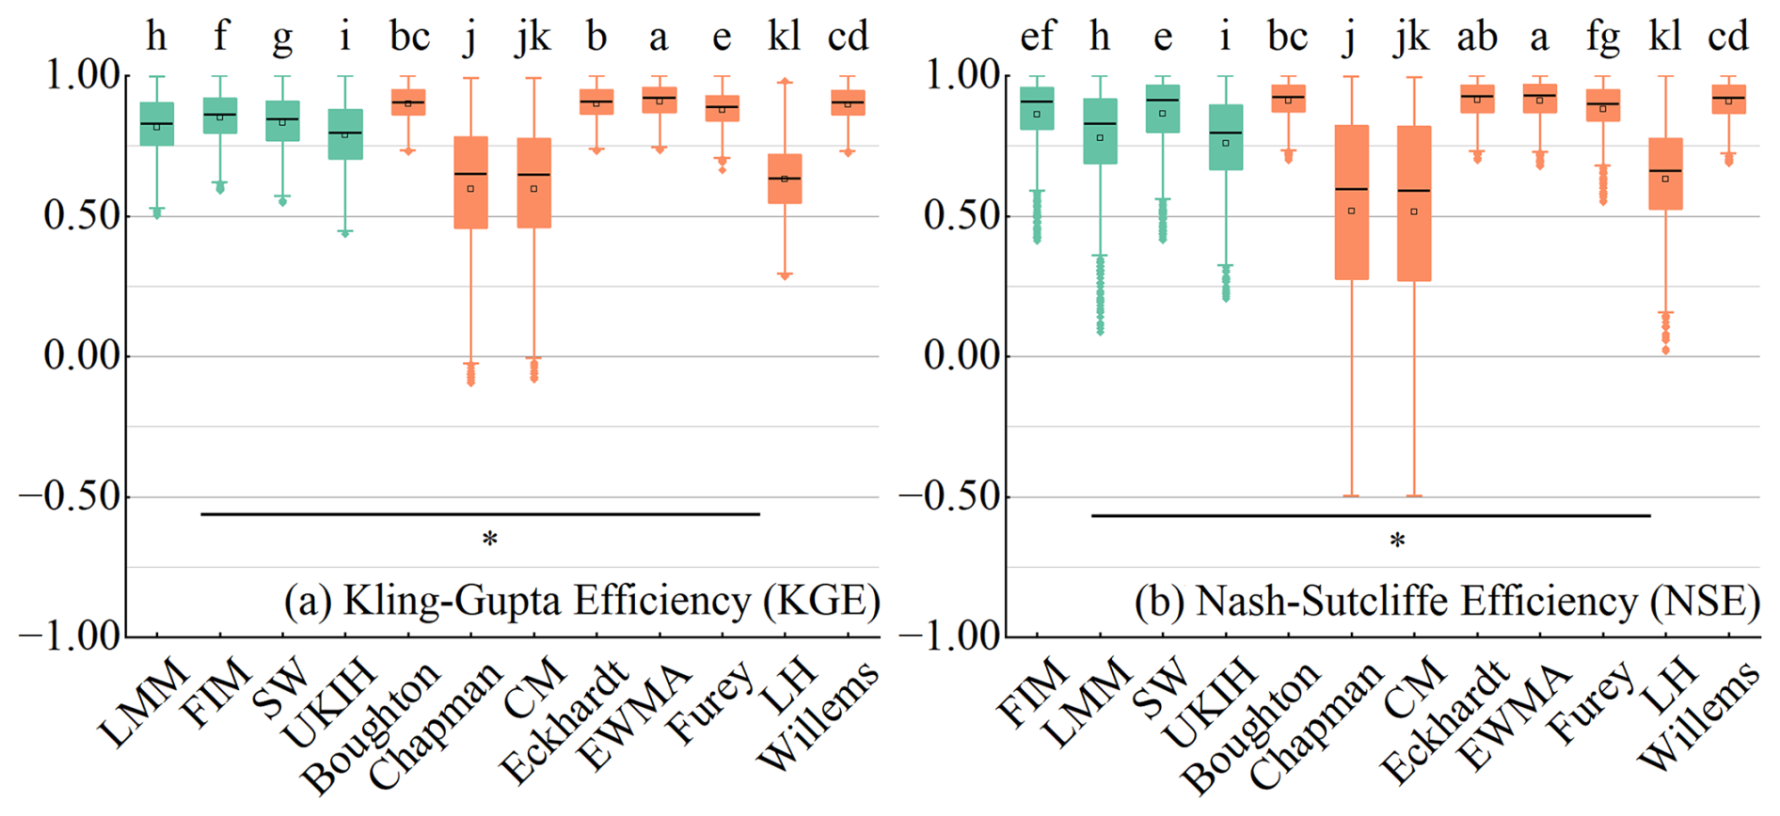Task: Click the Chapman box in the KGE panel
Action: coord(470,182)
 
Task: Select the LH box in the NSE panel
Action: coord(1665,174)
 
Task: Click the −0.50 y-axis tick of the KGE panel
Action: coord(72,496)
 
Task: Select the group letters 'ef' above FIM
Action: coord(1037,38)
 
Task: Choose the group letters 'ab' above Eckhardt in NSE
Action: coord(1476,38)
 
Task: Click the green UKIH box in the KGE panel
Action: coord(345,133)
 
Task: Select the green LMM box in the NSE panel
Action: coord(1100,131)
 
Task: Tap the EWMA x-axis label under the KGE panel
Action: coord(635,714)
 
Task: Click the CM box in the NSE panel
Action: coord(1414,203)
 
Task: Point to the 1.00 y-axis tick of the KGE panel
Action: coord(83,75)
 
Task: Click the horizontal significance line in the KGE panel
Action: coord(480,514)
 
